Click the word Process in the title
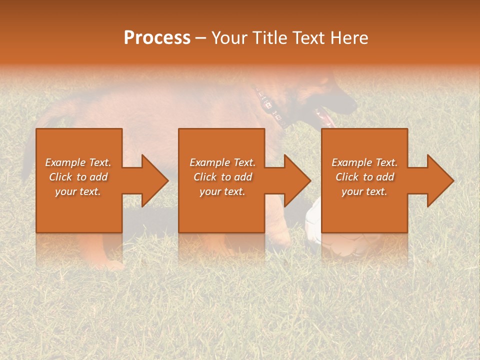(157, 38)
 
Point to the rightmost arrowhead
(439, 180)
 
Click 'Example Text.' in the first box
(78, 162)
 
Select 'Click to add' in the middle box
(222, 177)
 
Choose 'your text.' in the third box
(364, 191)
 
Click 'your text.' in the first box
(78, 191)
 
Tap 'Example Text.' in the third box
(364, 162)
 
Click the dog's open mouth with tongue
(324, 116)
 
